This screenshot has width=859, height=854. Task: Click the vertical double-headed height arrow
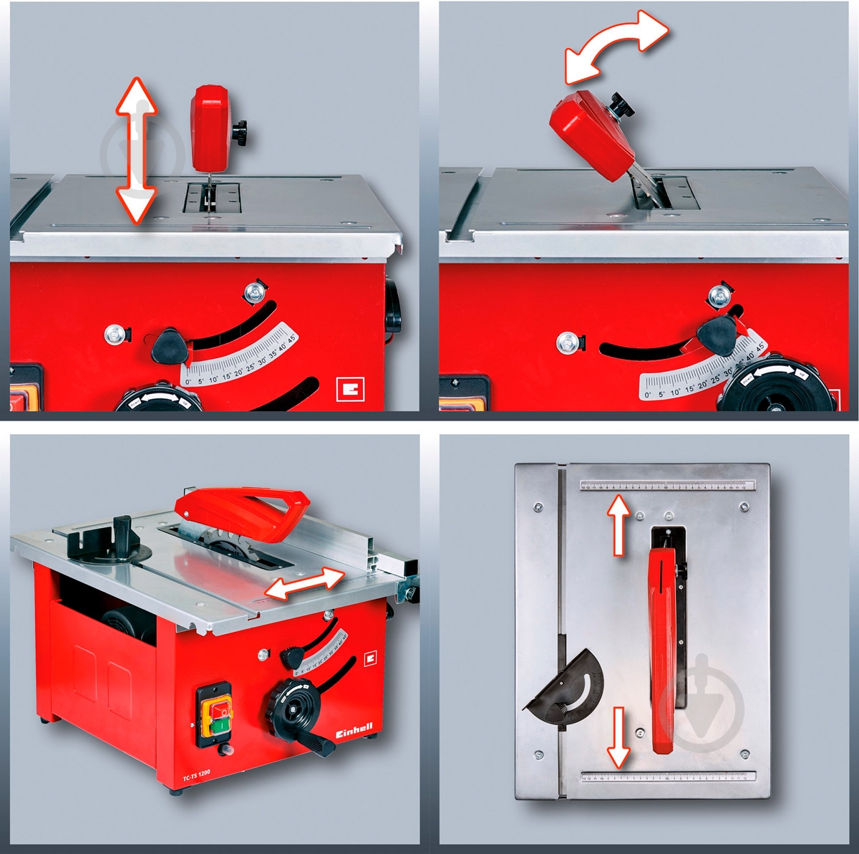tap(136, 150)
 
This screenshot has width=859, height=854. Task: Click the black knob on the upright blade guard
tap(241, 131)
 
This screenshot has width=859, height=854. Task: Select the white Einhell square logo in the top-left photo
tap(349, 389)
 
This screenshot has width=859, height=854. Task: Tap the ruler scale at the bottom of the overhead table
tap(669, 777)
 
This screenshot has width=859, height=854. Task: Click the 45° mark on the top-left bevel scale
tap(291, 337)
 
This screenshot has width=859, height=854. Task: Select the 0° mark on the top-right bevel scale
tap(647, 393)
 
